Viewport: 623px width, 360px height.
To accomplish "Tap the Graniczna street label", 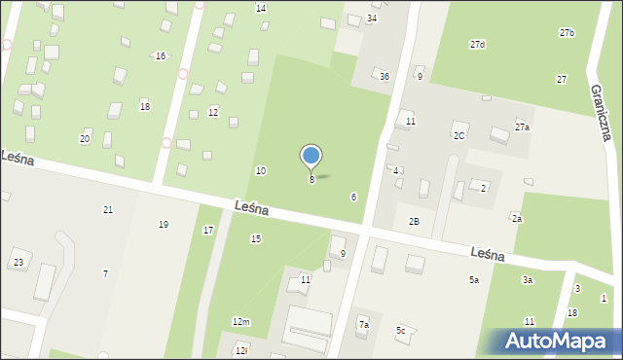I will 599,111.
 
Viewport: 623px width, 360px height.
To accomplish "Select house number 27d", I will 477,45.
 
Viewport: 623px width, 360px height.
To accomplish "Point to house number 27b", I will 567,33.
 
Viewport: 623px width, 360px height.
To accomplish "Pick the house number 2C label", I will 458,136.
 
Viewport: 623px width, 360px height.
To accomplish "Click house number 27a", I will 523,127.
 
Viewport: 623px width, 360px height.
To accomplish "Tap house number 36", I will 385,77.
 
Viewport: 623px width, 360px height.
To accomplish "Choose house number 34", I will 372,18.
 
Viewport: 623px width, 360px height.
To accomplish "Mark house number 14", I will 261,8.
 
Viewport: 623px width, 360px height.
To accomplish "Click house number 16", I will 160,55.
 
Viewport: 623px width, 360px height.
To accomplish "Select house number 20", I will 85,139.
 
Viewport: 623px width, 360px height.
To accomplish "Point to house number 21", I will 108,210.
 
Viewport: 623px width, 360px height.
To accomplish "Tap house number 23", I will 18,263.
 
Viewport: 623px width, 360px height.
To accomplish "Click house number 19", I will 164,225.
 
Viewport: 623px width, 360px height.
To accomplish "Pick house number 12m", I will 240,321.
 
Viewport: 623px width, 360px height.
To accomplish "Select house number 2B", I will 414,222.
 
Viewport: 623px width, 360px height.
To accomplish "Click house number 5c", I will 400,331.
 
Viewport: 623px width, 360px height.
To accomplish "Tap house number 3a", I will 527,280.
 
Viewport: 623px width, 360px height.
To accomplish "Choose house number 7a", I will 363,325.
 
